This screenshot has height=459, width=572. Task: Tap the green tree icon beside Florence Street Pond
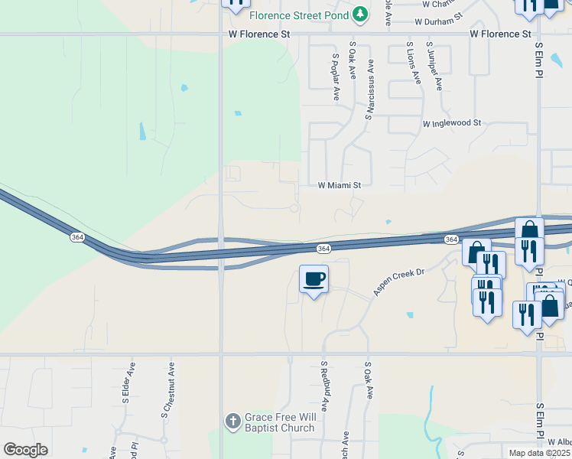pyautogui.click(x=360, y=15)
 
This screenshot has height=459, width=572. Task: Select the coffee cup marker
pyautogui.click(x=314, y=278)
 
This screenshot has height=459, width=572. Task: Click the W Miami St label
pyautogui.click(x=339, y=185)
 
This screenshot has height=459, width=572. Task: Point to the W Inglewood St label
pyautogui.click(x=451, y=123)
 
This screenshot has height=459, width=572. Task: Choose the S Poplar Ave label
pyautogui.click(x=335, y=76)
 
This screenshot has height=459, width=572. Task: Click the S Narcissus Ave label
pyautogui.click(x=369, y=88)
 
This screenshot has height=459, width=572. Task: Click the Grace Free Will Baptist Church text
pyautogui.click(x=280, y=423)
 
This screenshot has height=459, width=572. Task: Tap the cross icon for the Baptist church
pyautogui.click(x=232, y=421)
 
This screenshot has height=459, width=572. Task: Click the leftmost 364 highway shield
pyautogui.click(x=77, y=238)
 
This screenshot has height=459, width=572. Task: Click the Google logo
pyautogui.click(x=25, y=449)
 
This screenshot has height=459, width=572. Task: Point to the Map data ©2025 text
pyautogui.click(x=540, y=453)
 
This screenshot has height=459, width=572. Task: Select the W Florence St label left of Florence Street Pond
pyautogui.click(x=260, y=34)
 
